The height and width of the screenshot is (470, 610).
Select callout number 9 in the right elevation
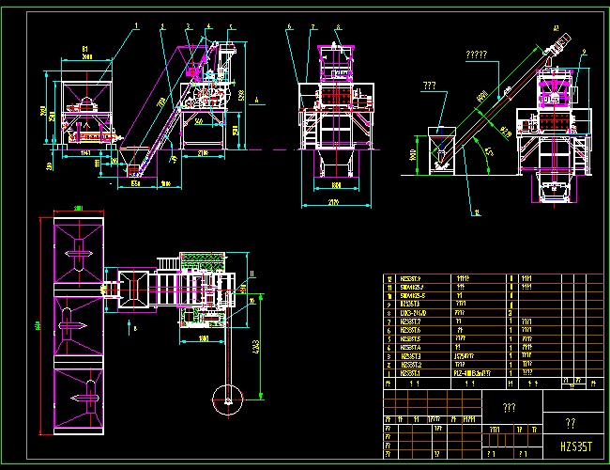coord(583,63)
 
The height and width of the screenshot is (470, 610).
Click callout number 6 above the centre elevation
coord(290,27)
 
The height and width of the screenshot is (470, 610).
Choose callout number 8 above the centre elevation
coord(337,27)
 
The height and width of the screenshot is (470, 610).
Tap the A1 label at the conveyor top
coord(556,30)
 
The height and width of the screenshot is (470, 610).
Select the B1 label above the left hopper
coord(84,47)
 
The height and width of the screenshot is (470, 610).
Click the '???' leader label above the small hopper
coord(431,86)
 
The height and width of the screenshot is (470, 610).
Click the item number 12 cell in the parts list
coord(390,278)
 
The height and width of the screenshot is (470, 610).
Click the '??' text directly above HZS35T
coord(571,424)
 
